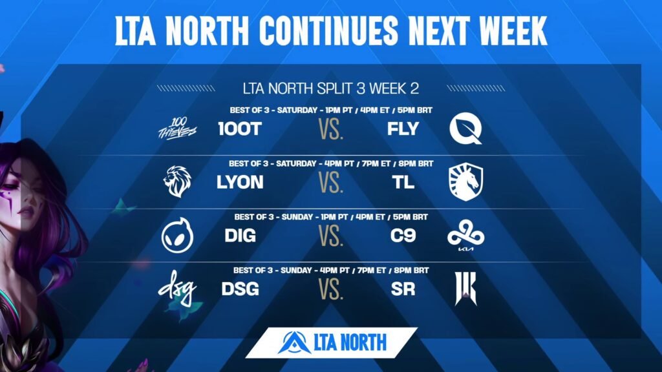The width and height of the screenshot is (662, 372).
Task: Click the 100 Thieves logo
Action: coord(177,129)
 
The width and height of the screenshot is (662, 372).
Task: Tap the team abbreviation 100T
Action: coord(240,129)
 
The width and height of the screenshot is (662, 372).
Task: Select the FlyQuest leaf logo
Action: coord(465,129)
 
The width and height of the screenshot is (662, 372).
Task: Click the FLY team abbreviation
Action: coord(403,129)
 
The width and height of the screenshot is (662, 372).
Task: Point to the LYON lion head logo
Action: coord(177,181)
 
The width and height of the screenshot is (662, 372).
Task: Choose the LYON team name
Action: coord(240,182)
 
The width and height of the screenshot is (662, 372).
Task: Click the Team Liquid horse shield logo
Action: coord(465,181)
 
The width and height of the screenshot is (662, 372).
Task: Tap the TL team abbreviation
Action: coord(403,182)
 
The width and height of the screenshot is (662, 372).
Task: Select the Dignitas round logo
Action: coord(177,235)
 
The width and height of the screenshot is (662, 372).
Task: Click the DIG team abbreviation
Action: coord(240,236)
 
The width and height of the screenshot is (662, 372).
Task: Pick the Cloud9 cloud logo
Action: coord(465,234)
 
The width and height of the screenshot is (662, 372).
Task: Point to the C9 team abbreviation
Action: coord(403,236)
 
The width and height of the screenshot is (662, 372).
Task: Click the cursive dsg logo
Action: coord(177,288)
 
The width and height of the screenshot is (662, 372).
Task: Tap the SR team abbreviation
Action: coord(403,289)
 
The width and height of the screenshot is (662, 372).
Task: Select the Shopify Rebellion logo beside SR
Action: coord(465,289)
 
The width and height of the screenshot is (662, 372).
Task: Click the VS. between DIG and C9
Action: coord(331,236)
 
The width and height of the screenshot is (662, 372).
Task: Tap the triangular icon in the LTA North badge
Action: coord(294,342)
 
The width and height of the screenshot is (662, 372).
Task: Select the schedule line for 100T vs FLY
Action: coord(331,110)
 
